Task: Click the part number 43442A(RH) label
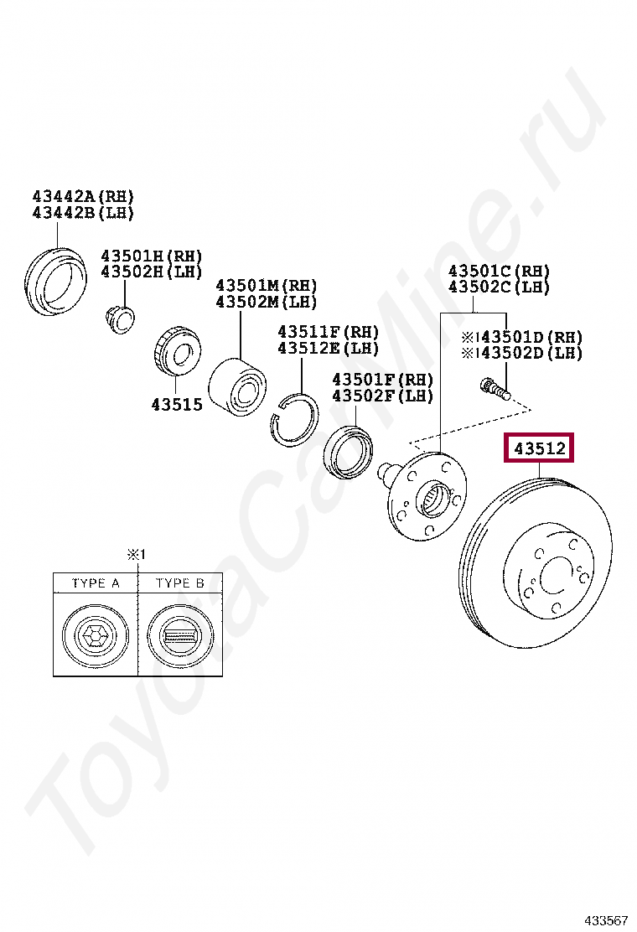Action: pos(83,196)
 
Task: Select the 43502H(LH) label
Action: pos(152,272)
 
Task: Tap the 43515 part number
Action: pos(177,404)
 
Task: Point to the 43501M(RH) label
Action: pos(267,285)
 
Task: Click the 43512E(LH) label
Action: pos(328,348)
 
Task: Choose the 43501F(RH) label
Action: pos(383,379)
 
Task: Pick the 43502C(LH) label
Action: pos(499,287)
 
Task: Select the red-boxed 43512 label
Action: pos(540,448)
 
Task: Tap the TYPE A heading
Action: pos(96,583)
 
